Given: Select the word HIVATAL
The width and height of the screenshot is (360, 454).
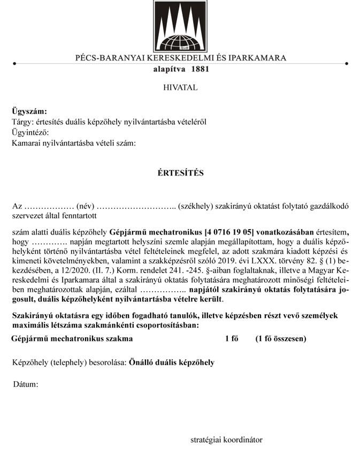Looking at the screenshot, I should pyautogui.click(x=180, y=87).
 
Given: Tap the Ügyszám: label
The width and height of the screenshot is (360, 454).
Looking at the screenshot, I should pyautogui.click(x=29, y=111).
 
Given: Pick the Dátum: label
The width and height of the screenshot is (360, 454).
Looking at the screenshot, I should pyautogui.click(x=26, y=384).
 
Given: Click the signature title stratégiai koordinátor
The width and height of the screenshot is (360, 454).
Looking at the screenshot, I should pyautogui.click(x=226, y=440).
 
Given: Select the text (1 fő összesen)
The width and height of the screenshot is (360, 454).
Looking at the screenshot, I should pyautogui.click(x=281, y=338).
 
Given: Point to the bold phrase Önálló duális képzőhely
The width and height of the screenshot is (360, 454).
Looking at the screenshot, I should pyautogui.click(x=172, y=362).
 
